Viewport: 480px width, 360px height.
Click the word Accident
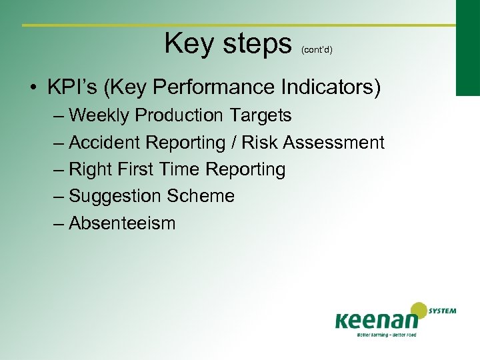(x=105, y=143)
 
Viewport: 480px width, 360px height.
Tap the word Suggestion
(x=115, y=196)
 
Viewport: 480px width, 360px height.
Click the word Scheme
(x=201, y=196)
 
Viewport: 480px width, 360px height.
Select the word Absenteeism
(x=122, y=223)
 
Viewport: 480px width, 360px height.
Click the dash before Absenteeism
(x=59, y=223)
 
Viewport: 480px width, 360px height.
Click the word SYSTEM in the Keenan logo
(x=443, y=310)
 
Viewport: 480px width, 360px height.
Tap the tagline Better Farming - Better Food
(x=386, y=334)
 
